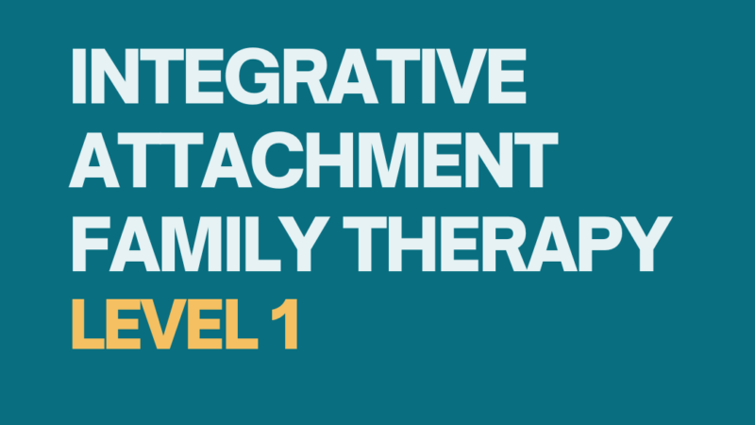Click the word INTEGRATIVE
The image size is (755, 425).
(x=298, y=76)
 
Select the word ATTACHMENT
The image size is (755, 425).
(x=313, y=160)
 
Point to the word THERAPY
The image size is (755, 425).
(x=507, y=244)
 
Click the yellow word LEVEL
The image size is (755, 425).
(x=165, y=324)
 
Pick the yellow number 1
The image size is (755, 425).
(x=285, y=324)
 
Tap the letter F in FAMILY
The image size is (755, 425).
(x=90, y=244)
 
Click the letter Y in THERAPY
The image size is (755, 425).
(x=646, y=244)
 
